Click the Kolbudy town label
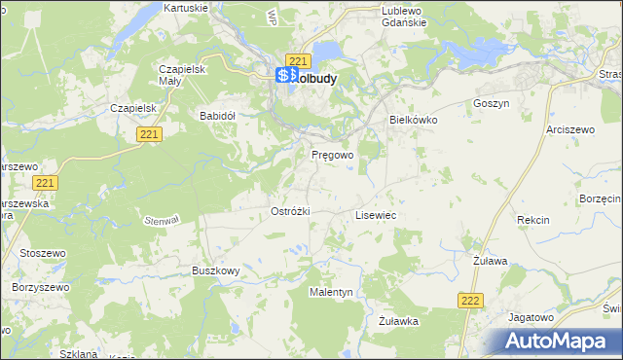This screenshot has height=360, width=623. [313, 78]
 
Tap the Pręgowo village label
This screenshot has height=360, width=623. [332, 155]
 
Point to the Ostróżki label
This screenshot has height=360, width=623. [289, 212]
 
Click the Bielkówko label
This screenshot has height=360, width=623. [414, 120]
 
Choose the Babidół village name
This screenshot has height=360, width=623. [218, 115]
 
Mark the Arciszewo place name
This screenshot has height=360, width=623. [570, 128]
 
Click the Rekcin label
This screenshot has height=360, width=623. [533, 221]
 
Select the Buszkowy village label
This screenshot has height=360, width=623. [215, 271]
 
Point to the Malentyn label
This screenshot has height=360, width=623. [331, 292]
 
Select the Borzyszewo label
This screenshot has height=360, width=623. [37, 288]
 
